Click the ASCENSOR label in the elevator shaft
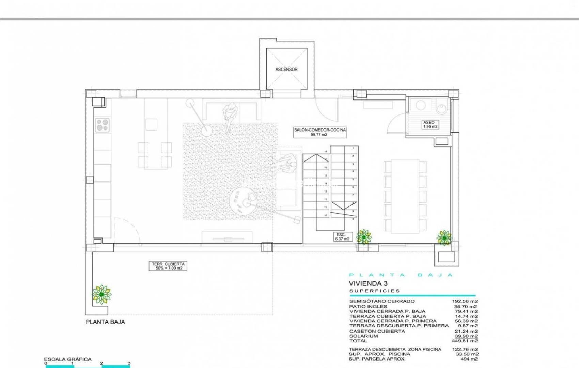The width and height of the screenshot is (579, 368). tap(286, 69)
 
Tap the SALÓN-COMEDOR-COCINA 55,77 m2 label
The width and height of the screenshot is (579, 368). tap(320, 132)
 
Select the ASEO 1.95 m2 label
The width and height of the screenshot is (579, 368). tap(430, 124)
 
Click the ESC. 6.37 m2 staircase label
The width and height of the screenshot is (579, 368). tap(342, 237)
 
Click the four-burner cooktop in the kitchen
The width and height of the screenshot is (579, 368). tap(102, 125)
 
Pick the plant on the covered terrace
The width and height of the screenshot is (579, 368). tap(101, 294)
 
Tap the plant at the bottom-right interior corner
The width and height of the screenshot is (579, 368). tap(444, 237)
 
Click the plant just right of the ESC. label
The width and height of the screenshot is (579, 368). tap(364, 236)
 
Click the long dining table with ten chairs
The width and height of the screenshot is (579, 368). tap(405, 196)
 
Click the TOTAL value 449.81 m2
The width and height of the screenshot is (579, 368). tap(466, 341)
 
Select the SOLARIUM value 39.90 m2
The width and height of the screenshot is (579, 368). tap(466, 336)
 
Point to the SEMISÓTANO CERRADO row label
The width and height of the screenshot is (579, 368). tap(382, 301)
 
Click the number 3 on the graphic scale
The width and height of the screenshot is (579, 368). tap(129, 363)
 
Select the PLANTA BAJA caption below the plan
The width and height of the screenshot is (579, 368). tap(105, 322)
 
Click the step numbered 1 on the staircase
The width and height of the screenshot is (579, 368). tap(353, 148)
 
